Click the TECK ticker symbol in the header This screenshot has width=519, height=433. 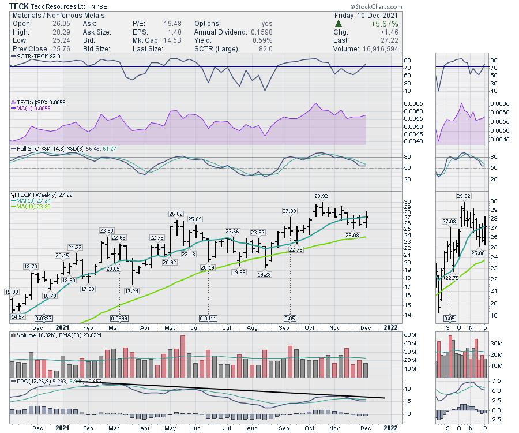(19, 6)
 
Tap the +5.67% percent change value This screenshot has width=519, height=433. (383, 24)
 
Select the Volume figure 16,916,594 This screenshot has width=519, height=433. (374, 50)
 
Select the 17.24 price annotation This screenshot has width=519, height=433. (132, 291)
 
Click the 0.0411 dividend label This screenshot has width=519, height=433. (208, 318)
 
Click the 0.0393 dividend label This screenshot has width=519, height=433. (44, 318)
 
